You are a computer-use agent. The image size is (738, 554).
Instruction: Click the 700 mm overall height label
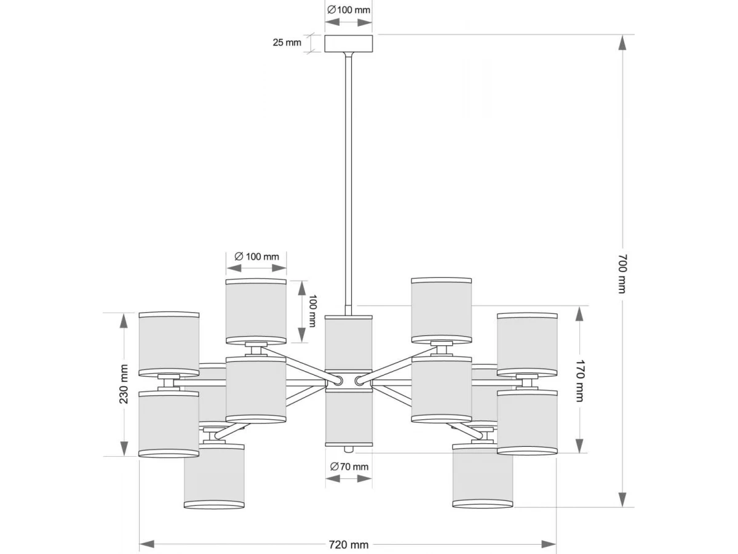(x=622, y=274)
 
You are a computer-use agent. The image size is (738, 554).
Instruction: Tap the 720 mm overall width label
(x=349, y=545)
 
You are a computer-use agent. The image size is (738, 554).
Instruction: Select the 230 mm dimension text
(x=124, y=384)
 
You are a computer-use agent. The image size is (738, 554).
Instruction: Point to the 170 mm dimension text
(x=579, y=381)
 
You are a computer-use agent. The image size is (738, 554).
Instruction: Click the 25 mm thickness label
(x=287, y=42)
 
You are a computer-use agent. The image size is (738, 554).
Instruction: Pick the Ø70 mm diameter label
(x=349, y=467)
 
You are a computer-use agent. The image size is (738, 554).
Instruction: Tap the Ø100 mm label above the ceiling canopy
(x=349, y=10)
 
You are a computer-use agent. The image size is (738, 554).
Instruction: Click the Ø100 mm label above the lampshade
(x=256, y=257)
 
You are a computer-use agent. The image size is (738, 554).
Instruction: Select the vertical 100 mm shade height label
(x=312, y=311)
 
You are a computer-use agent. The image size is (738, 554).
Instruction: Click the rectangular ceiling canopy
(x=348, y=44)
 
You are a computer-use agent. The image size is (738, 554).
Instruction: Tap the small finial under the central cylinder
(x=349, y=449)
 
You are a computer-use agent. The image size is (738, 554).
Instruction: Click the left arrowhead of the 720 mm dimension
(x=146, y=545)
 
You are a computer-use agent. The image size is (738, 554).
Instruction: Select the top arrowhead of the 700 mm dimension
(x=622, y=42)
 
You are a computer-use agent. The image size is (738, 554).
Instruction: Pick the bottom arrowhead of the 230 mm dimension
(x=124, y=448)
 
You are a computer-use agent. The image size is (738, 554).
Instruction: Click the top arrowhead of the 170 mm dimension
(x=579, y=314)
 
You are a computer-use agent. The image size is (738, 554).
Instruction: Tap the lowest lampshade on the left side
(x=214, y=476)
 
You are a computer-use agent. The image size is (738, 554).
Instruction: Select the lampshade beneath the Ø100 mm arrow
(x=256, y=311)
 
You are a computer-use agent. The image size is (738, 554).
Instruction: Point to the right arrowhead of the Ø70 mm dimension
(x=365, y=478)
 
